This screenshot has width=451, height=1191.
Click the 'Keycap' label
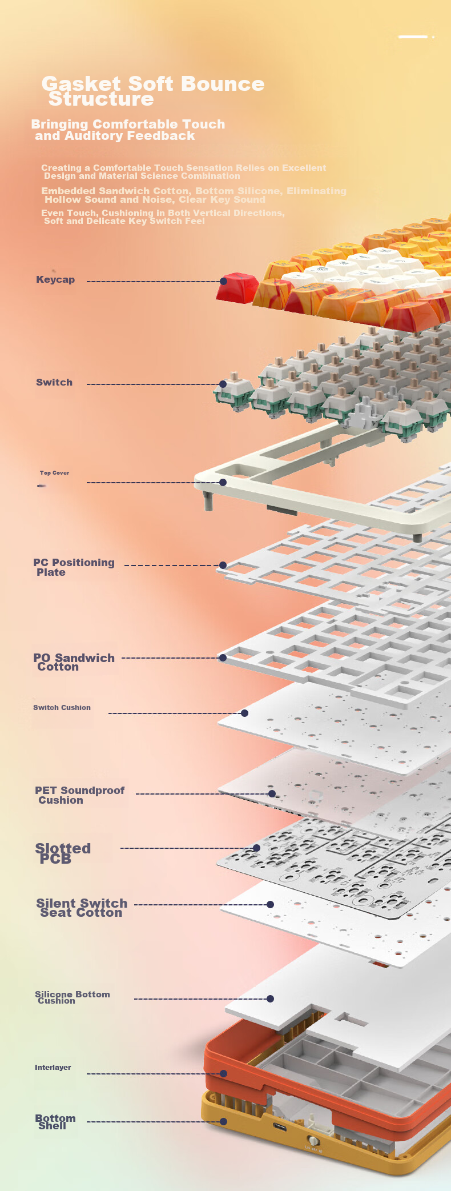[x=55, y=279]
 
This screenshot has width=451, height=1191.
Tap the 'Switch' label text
[x=54, y=382]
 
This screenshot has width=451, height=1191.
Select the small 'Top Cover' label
[x=54, y=473]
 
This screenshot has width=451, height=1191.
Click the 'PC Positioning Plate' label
[x=74, y=567]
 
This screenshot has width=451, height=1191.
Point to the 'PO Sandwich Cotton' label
[x=74, y=662]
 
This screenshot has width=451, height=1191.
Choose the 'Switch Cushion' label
[x=62, y=707]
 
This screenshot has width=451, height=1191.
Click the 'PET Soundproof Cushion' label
[x=79, y=795]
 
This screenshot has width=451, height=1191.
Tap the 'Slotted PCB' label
[x=63, y=853]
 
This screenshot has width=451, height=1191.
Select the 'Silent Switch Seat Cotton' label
[x=82, y=908]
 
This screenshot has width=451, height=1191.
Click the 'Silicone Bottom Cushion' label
[x=73, y=997]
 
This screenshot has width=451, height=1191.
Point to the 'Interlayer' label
[x=53, y=1067]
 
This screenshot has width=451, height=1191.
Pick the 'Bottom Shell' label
[x=55, y=1122]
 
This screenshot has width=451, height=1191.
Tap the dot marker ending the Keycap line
[x=224, y=281]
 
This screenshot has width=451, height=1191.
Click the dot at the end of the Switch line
[x=223, y=384]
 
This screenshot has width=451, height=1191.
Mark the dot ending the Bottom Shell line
[x=224, y=1122]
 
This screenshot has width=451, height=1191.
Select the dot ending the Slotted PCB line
[x=257, y=848]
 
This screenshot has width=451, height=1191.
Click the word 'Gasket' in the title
[x=81, y=84]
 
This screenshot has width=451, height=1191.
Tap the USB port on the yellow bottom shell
[x=280, y=1127]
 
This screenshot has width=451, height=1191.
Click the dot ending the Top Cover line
[x=223, y=483]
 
